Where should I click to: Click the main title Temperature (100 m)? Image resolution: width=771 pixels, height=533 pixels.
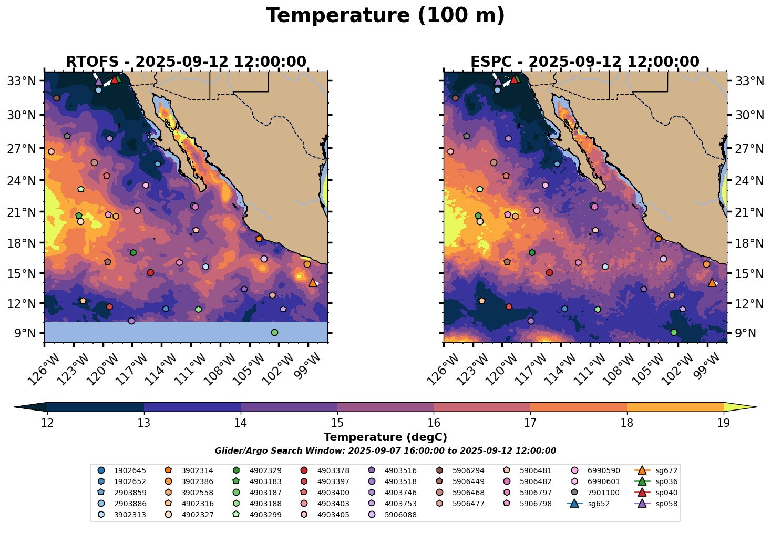[385, 16]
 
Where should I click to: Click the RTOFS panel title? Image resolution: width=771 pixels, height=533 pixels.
[186, 62]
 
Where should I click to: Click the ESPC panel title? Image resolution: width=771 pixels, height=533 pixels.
[585, 62]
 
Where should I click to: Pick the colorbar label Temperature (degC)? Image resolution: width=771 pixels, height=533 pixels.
[385, 437]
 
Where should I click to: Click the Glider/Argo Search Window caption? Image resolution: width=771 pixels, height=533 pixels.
[385, 451]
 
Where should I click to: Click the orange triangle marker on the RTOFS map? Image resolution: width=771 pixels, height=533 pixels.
[313, 282]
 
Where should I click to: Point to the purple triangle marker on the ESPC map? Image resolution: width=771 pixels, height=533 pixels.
[498, 81]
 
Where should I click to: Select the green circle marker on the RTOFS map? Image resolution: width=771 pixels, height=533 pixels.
[274, 332]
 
